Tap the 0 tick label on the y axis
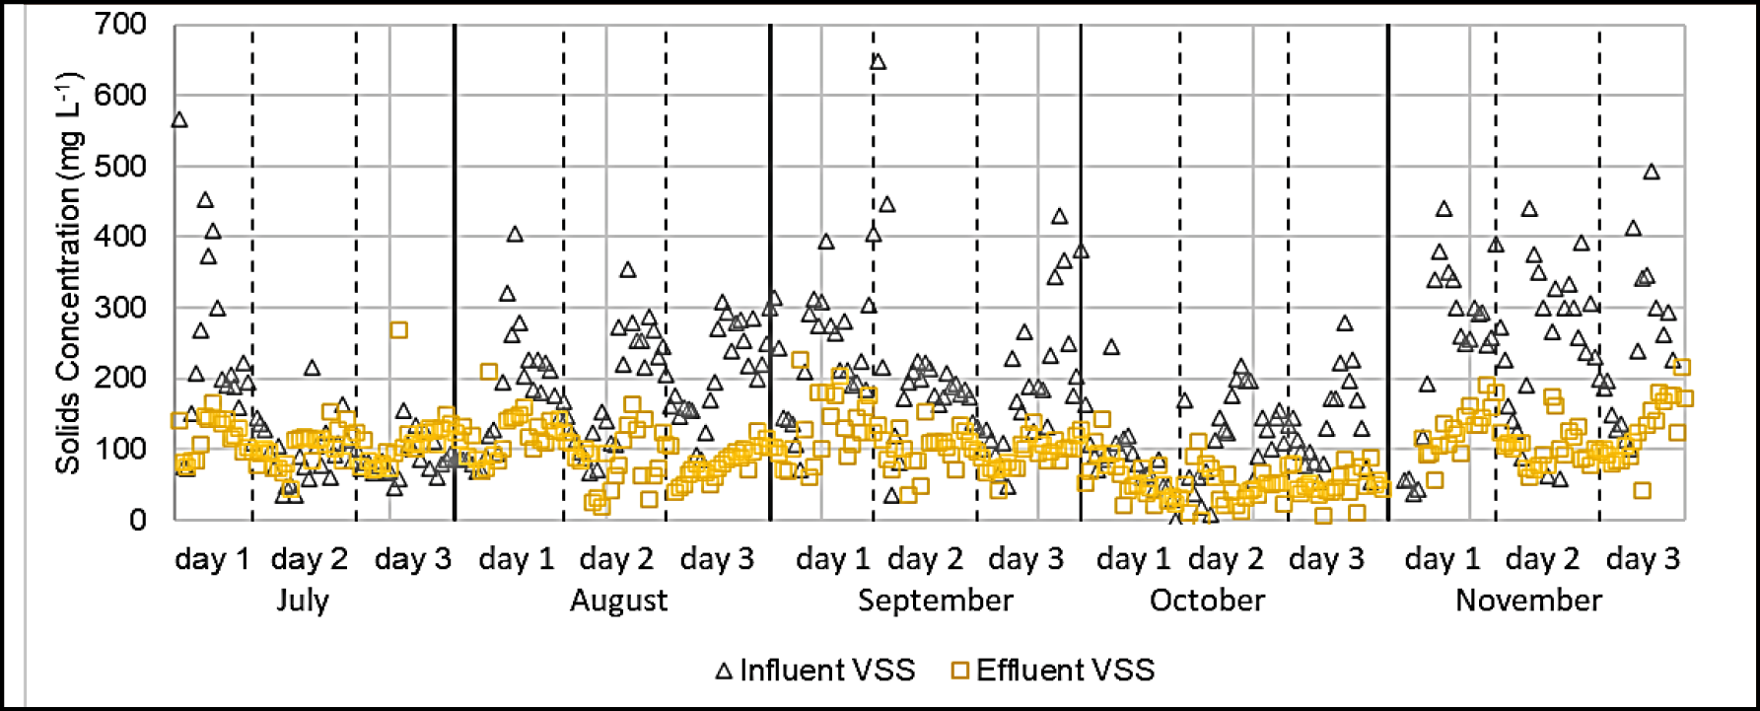[138, 520]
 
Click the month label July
[303, 601]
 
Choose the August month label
[618, 601]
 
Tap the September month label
[935, 601]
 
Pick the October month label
[1207, 601]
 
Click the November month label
[1528, 601]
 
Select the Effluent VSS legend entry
[1053, 671]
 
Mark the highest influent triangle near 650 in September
[878, 62]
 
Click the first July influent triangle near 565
[178, 120]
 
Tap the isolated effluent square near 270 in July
[398, 329]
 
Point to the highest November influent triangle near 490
[1651, 173]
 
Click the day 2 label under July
[310, 559]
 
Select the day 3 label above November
[1643, 559]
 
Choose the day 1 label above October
[1134, 559]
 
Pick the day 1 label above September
[834, 559]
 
